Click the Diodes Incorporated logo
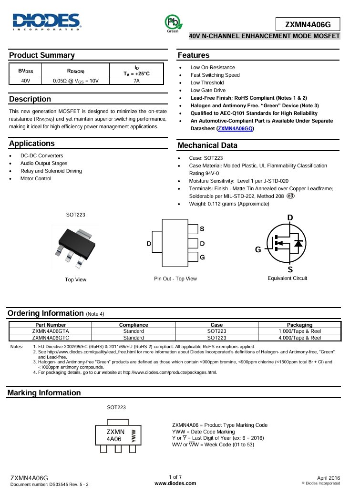tap(47, 21)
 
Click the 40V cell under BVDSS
tap(26, 81)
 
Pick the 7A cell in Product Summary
tap(136, 81)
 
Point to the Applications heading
tap(32, 144)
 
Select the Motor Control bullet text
tap(36, 179)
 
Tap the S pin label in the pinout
tap(202, 229)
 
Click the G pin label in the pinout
tap(202, 257)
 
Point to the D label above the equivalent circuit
tap(290, 218)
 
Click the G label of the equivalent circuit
tap(258, 249)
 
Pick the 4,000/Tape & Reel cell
tap(299, 338)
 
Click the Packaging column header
tap(299, 325)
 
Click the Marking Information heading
tap(44, 393)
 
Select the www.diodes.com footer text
tap(175, 483)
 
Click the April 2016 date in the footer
tap(329, 477)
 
